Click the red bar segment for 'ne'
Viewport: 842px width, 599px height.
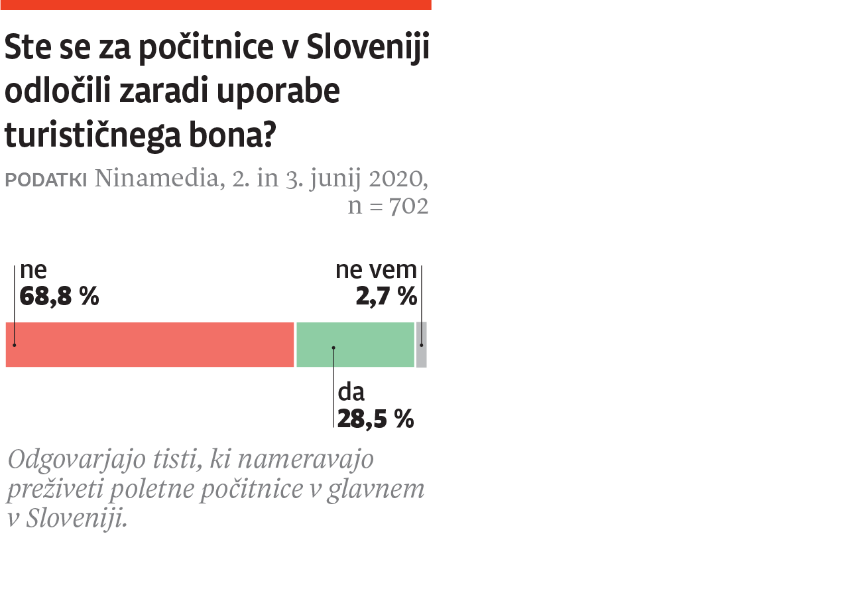pyautogui.click(x=149, y=344)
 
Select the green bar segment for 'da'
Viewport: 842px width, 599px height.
pyautogui.click(x=355, y=344)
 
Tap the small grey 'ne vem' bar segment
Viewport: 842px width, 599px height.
pyautogui.click(x=422, y=344)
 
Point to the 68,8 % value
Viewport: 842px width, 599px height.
pyautogui.click(x=59, y=297)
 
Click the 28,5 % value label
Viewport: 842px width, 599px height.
pyautogui.click(x=375, y=419)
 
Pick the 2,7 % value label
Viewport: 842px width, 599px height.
pyautogui.click(x=386, y=297)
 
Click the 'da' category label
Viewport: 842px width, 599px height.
pyautogui.click(x=351, y=392)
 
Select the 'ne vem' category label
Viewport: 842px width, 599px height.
pyautogui.click(x=376, y=270)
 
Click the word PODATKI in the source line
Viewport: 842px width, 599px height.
pyautogui.click(x=46, y=180)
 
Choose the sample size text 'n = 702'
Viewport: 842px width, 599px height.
pyautogui.click(x=388, y=206)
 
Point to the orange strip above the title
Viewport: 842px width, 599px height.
pyautogui.click(x=215, y=5)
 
